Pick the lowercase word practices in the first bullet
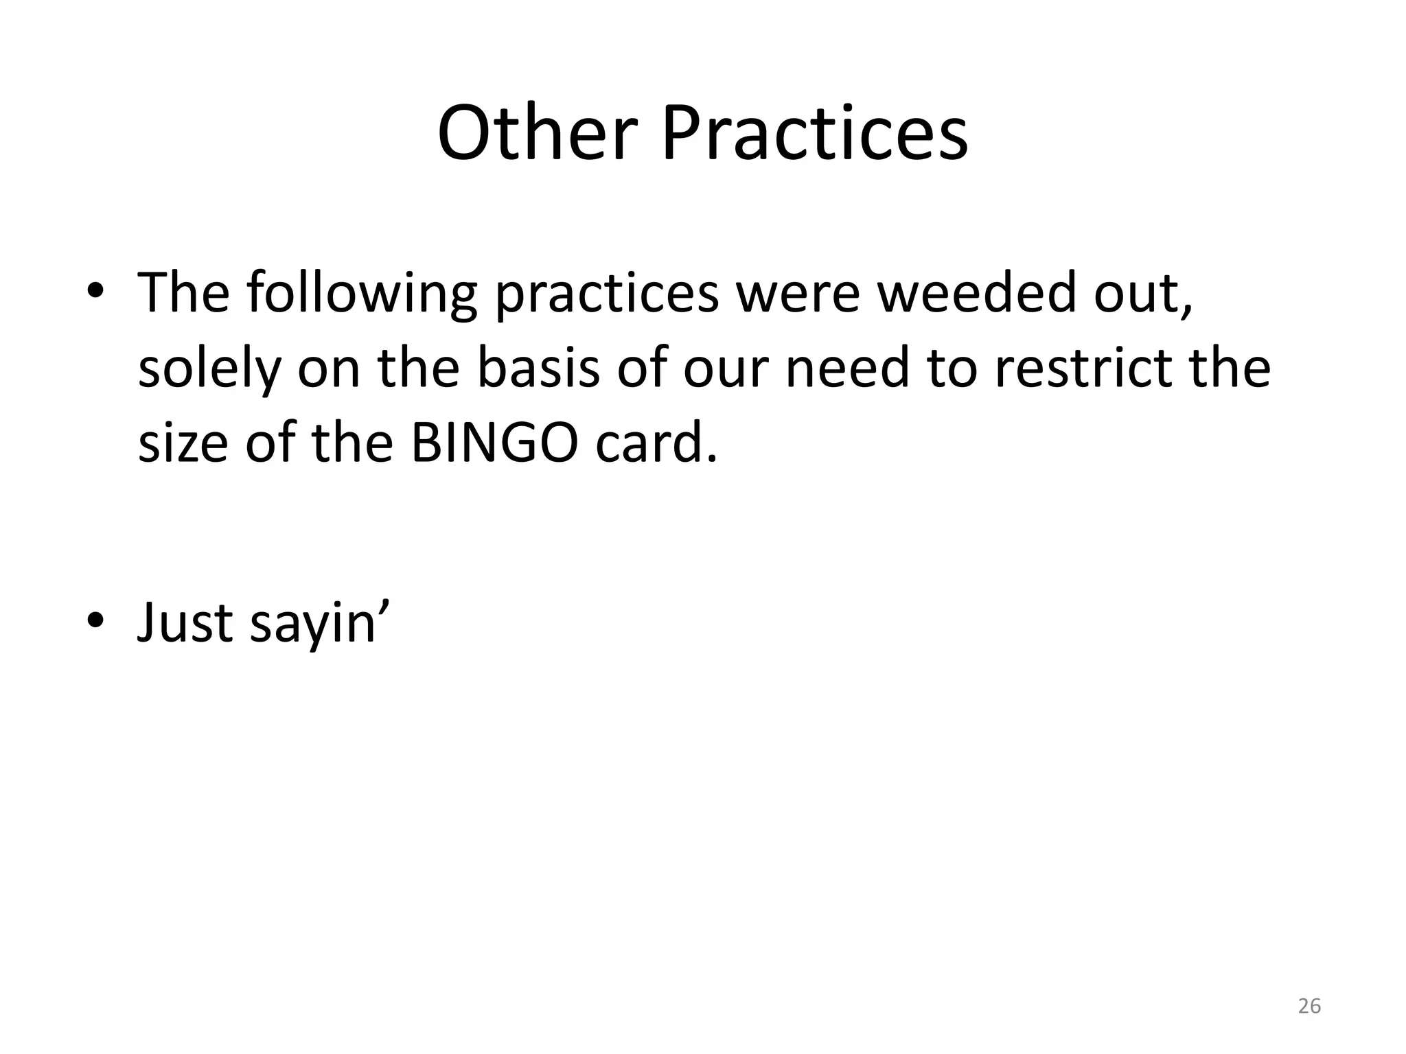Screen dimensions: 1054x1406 click(607, 294)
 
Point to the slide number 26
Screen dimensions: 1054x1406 click(1309, 1006)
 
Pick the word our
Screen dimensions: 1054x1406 click(727, 369)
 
